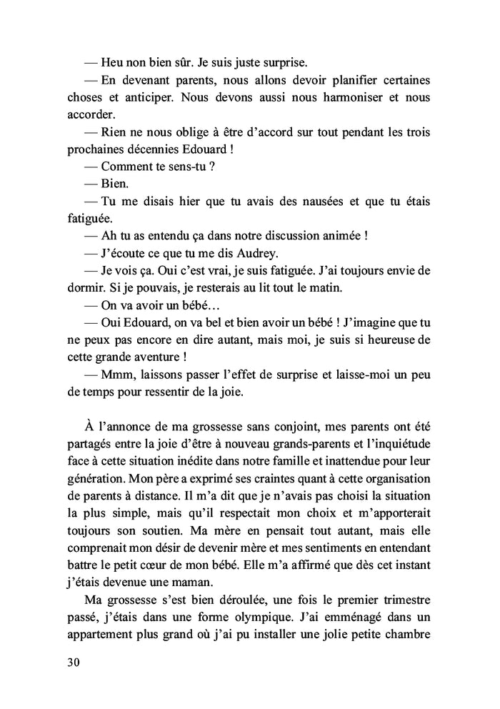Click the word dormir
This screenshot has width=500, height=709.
click(89, 289)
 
